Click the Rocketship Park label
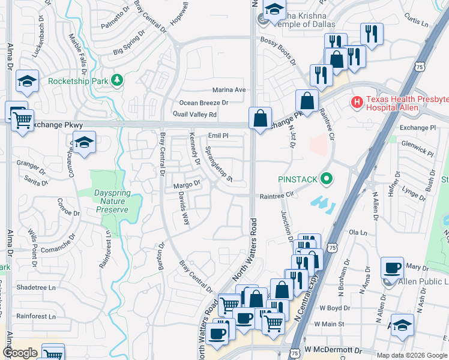pyautogui.click(x=78, y=80)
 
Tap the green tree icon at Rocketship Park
pyautogui.click(x=118, y=80)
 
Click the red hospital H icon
pyautogui.click(x=357, y=103)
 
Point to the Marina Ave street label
pyautogui.click(x=229, y=89)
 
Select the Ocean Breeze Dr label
pyautogui.click(x=204, y=103)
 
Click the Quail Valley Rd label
pyautogui.click(x=194, y=115)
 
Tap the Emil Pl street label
pyautogui.click(x=218, y=136)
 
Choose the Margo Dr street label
pyautogui.click(x=186, y=185)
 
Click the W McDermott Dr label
pyautogui.click(x=333, y=349)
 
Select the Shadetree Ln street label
pyautogui.click(x=36, y=287)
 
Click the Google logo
pyautogui.click(x=20, y=353)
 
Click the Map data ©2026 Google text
pyautogui.click(x=412, y=355)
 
